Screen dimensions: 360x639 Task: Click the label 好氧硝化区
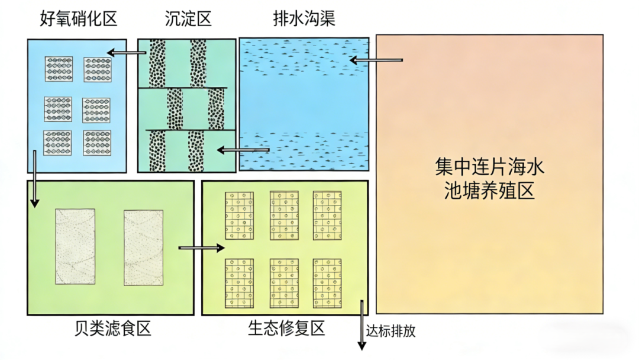click(79, 19)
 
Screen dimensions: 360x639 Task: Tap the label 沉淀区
click(188, 19)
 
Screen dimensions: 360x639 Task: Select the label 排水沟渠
click(304, 19)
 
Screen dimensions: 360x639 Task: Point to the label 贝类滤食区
click(113, 329)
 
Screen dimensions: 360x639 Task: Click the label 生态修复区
click(286, 329)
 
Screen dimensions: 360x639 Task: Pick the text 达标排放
click(390, 330)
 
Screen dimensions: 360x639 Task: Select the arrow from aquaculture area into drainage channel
click(376, 60)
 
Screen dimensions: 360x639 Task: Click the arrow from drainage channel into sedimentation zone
click(243, 150)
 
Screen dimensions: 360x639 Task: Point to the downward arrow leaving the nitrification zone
click(35, 178)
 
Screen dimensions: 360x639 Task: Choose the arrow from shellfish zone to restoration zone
click(201, 248)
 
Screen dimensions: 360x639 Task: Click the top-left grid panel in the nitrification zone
click(59, 69)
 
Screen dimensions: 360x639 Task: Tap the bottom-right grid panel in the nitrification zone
click(97, 143)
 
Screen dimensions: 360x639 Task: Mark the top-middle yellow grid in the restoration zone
click(285, 215)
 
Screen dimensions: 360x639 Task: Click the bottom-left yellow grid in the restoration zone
click(239, 282)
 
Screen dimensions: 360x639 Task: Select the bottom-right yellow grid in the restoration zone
click(327, 282)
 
